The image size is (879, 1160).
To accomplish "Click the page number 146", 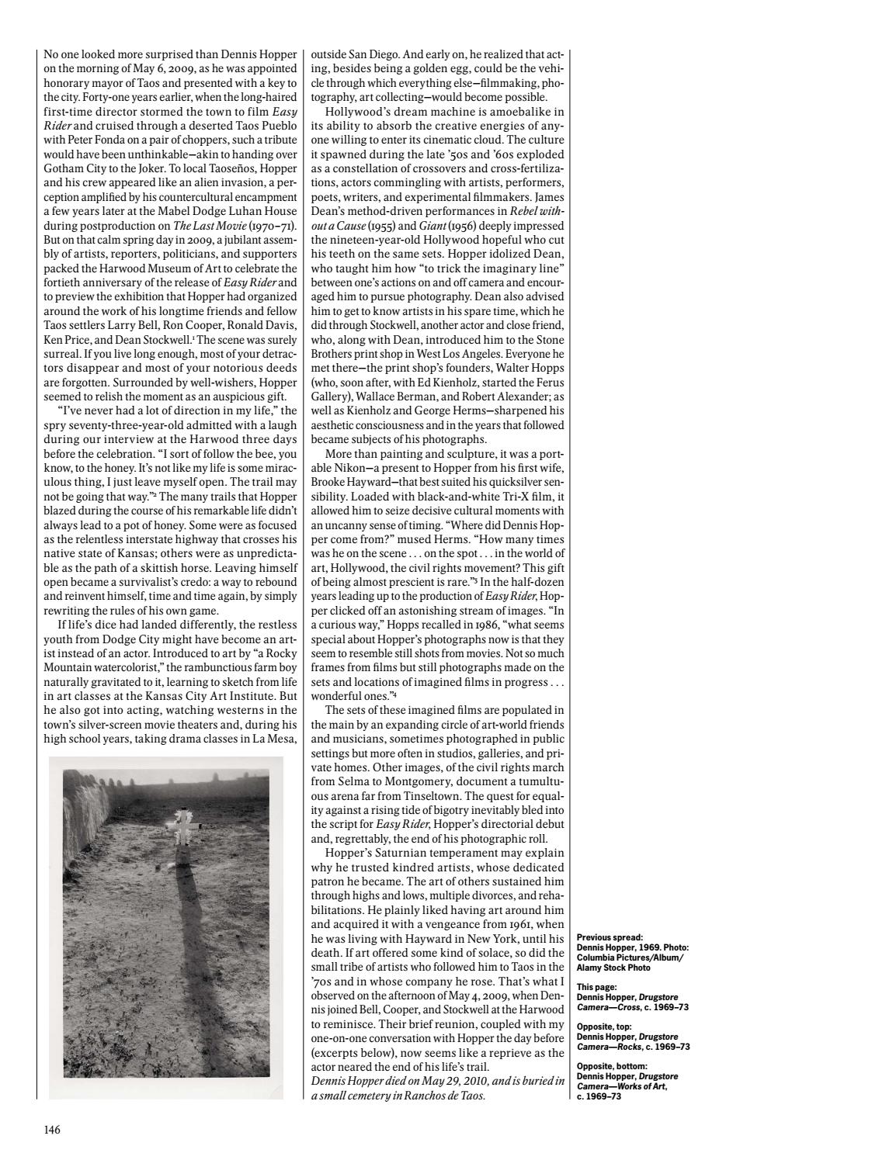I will (52, 1129).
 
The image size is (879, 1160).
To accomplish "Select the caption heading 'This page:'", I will (597, 987).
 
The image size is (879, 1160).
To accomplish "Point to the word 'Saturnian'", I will (399, 852).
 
